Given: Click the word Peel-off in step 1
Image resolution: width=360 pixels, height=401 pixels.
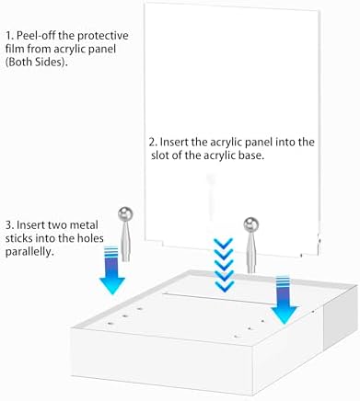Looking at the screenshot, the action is [36, 36].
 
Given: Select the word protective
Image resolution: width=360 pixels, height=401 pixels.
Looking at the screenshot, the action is [103, 36].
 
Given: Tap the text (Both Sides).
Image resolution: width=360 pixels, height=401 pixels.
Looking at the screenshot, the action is [37, 63].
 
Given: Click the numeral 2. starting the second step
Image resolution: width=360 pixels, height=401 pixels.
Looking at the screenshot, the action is [153, 143].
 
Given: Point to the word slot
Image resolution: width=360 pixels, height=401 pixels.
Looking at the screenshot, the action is [160, 155].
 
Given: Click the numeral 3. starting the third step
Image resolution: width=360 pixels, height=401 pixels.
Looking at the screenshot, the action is [9, 225].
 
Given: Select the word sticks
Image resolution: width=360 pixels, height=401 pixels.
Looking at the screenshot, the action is [18, 238].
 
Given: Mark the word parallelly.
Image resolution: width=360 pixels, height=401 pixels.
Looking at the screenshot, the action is [28, 253].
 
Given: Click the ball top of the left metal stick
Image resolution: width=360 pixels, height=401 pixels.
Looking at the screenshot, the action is [125, 214].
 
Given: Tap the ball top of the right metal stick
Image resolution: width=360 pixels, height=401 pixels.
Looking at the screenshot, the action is [251, 224].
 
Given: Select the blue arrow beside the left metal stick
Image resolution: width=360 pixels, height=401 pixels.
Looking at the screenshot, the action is [112, 269].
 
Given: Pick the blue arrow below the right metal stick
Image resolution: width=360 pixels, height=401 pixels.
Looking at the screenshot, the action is [285, 300].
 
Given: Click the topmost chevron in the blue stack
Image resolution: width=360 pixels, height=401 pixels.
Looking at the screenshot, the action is [224, 244].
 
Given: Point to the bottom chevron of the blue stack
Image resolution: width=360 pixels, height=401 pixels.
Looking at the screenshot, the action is [224, 287].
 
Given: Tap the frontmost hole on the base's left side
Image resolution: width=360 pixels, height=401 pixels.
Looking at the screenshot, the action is [110, 323].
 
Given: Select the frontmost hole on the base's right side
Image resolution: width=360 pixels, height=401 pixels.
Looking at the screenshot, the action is [236, 337].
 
